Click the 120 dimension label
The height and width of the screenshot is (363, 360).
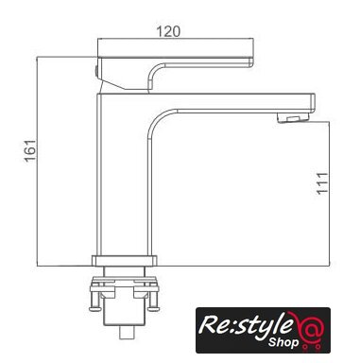tap(168, 31)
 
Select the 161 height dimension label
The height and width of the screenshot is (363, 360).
tap(30, 150)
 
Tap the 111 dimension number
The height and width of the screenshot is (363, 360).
tap(323, 183)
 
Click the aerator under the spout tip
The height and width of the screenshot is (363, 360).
tap(294, 118)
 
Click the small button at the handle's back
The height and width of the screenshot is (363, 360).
tap(95, 71)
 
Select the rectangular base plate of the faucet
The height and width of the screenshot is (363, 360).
tap(124, 261)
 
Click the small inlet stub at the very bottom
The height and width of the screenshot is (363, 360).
tap(128, 333)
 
